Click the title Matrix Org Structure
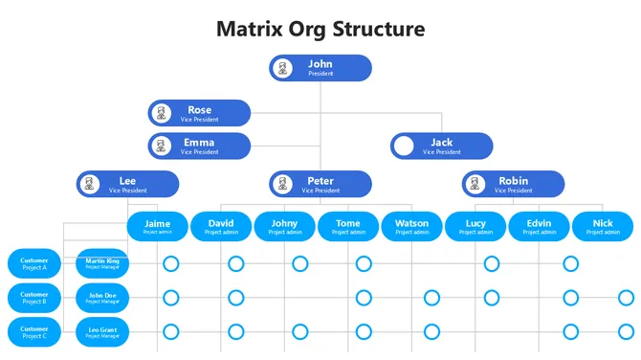pyautogui.click(x=320, y=28)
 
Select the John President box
pyautogui.click(x=320, y=68)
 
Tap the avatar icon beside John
pyautogui.click(x=282, y=68)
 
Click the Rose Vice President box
pyautogui.click(x=199, y=113)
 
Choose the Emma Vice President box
pyautogui.click(x=199, y=146)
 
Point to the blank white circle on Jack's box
pyautogui.click(x=405, y=146)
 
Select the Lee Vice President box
pyautogui.click(x=127, y=184)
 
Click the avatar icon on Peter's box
pyautogui.click(x=282, y=184)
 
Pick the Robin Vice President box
pyautogui.click(x=513, y=184)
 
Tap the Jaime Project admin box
pyautogui.click(x=157, y=226)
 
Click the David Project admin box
pyautogui.click(x=221, y=226)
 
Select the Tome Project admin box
pyautogui.click(x=348, y=226)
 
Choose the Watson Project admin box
pyautogui.click(x=412, y=226)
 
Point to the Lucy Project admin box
pyautogui.click(x=475, y=226)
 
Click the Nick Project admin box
pyautogui.click(x=603, y=226)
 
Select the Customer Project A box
pyautogui.click(x=34, y=263)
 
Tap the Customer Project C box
pyautogui.click(x=34, y=332)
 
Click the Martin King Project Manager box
pyautogui.click(x=102, y=263)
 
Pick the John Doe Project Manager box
pyautogui.click(x=102, y=298)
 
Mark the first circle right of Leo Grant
pyautogui.click(x=171, y=332)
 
